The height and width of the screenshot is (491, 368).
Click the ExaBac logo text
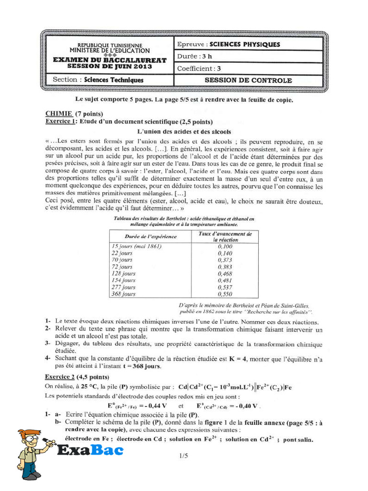pyautogui.click(x=90, y=450)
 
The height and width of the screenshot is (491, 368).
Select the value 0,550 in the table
pyautogui.click(x=224, y=294)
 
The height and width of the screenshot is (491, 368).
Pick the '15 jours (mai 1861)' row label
pyautogui.click(x=137, y=246)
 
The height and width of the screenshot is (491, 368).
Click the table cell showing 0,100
pyautogui.click(x=224, y=246)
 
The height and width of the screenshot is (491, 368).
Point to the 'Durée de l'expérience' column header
pyautogui.click(x=150, y=236)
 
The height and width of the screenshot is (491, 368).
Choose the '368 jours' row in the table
pyautogui.click(x=124, y=294)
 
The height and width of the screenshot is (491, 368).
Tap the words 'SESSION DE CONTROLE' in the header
pyautogui.click(x=248, y=80)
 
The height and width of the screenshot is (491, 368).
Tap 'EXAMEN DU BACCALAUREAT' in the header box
pyautogui.click(x=110, y=60)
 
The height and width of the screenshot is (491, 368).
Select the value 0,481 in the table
pyautogui.click(x=224, y=280)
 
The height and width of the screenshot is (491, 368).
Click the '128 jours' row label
pyautogui.click(x=124, y=273)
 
